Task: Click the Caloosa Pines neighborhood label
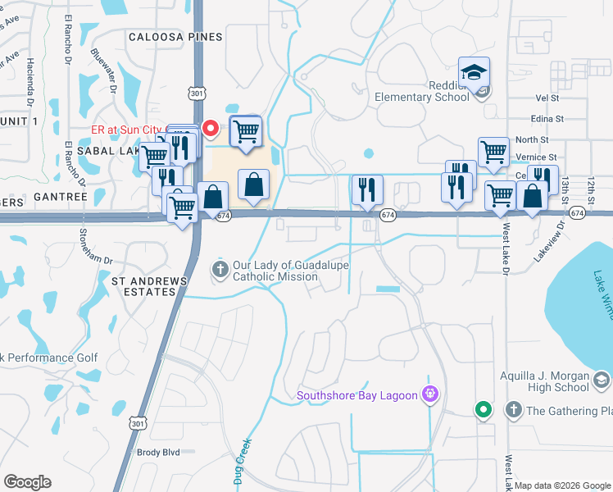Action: point(175,37)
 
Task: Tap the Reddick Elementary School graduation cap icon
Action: point(474,73)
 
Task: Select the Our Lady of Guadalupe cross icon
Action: point(220,269)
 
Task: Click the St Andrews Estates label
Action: point(149,288)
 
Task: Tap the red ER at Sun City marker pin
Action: point(210,129)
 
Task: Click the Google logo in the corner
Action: point(27,481)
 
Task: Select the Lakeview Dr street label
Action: point(550,244)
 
